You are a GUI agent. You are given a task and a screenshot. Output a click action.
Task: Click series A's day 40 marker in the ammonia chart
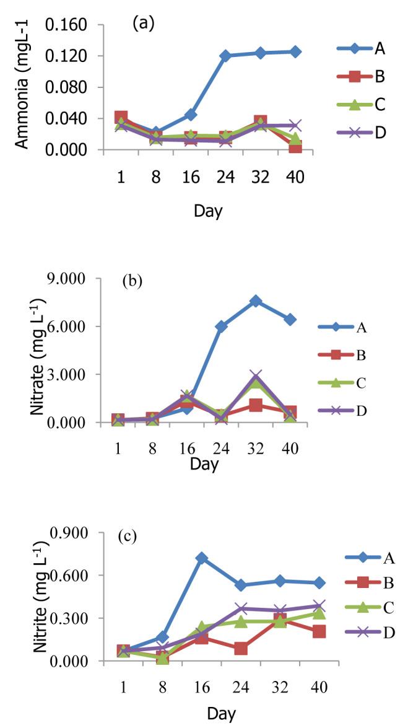click(295, 51)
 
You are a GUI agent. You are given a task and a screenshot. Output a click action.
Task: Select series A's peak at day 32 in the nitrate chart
click(256, 301)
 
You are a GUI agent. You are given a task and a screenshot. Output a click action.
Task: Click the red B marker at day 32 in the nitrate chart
click(256, 406)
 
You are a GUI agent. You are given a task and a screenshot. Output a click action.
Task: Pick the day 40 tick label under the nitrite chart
click(319, 688)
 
